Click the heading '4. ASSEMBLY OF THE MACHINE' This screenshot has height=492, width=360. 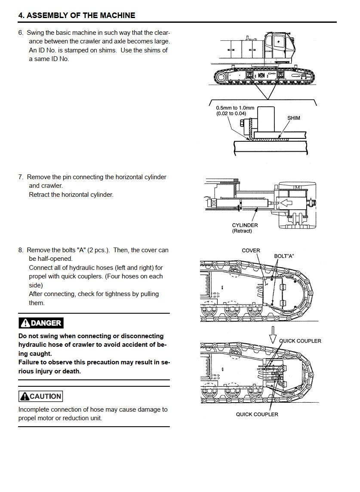[x=77, y=15]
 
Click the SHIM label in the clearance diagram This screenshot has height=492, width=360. [x=294, y=118]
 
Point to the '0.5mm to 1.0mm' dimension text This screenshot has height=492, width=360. [x=235, y=108]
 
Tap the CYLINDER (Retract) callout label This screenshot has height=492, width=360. [x=245, y=228]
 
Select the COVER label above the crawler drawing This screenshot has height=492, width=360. [x=251, y=251]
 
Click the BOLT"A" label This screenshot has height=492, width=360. [x=284, y=256]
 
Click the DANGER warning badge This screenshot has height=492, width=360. [x=41, y=323]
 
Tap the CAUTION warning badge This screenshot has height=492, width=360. [x=40, y=396]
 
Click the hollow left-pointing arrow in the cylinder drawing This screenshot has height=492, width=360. [x=286, y=203]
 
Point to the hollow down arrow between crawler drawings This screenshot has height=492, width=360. [x=273, y=335]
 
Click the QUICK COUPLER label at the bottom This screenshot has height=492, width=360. [x=257, y=415]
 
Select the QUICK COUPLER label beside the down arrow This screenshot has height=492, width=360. [x=300, y=341]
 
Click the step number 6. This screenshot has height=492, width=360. [x=21, y=33]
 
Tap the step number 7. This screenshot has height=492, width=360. [x=21, y=177]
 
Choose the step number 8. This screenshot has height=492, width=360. [x=21, y=250]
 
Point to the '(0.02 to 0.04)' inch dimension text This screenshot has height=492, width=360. [x=231, y=113]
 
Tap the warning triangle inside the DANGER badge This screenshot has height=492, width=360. [x=25, y=323]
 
